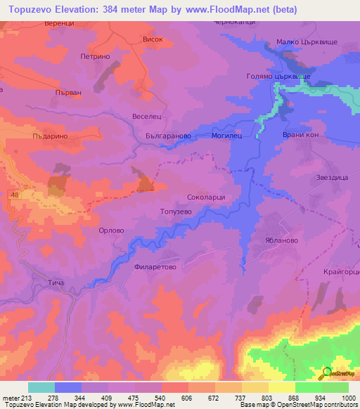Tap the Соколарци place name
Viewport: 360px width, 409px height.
(206, 197)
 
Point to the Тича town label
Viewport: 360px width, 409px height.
(56, 283)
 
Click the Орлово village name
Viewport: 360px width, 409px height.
(111, 230)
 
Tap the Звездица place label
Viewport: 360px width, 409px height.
(332, 178)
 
